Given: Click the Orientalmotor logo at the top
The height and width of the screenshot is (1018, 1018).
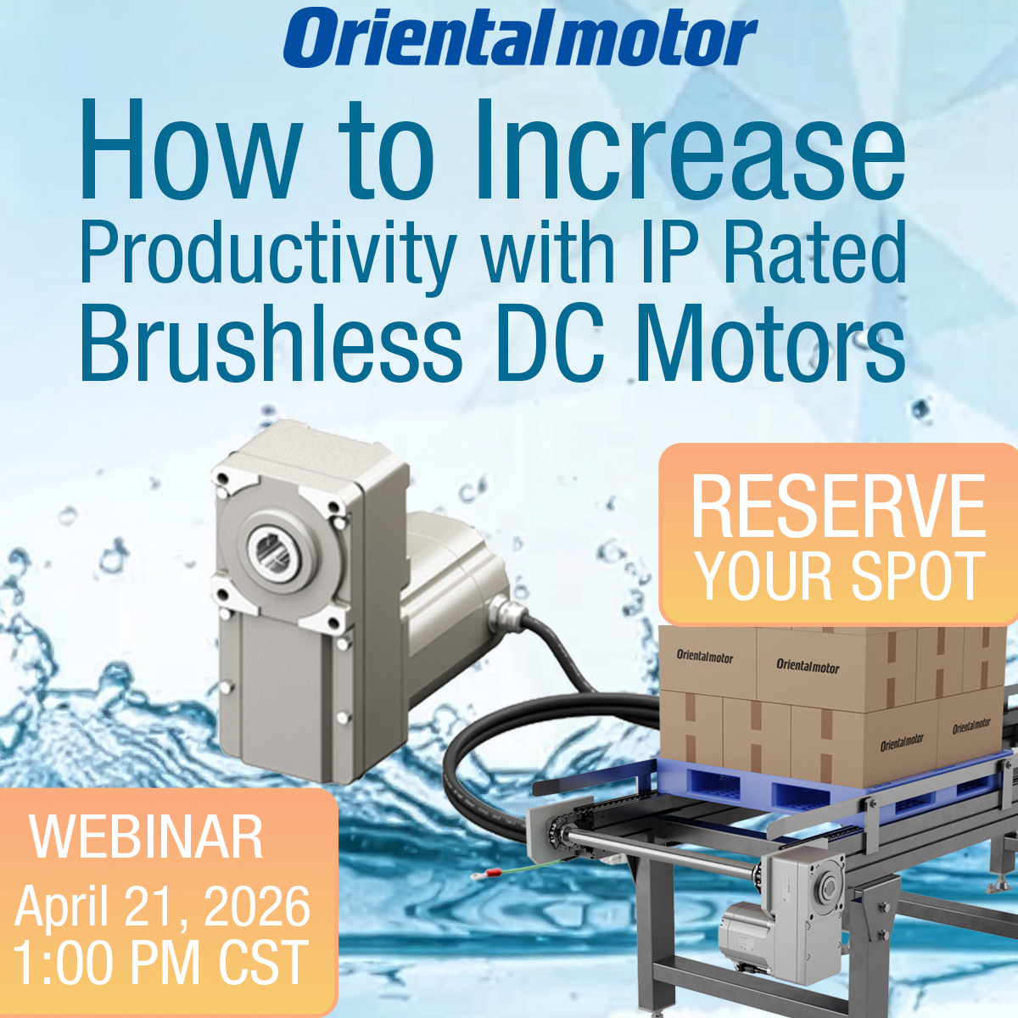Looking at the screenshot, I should point(519,38).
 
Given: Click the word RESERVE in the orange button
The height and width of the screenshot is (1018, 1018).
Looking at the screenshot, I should point(838,507).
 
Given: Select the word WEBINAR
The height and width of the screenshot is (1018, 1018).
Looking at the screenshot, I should point(147,837).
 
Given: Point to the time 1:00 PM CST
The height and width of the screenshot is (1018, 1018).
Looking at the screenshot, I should point(160,963).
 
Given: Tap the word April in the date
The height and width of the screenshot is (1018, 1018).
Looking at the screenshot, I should point(63,907).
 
